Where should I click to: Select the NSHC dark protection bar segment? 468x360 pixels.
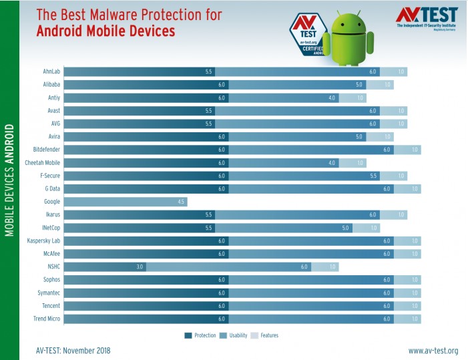(105, 266)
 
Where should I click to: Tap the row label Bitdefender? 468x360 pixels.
(47, 150)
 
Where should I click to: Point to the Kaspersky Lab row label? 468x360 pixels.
(43, 240)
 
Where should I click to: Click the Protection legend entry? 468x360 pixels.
(202, 335)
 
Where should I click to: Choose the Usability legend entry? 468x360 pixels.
(235, 335)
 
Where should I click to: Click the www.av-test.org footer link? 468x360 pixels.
(433, 351)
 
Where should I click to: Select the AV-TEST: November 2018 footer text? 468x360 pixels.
(73, 351)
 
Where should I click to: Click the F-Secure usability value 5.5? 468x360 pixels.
(373, 176)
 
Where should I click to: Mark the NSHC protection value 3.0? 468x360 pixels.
(140, 266)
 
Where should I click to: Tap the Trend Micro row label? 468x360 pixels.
(47, 319)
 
